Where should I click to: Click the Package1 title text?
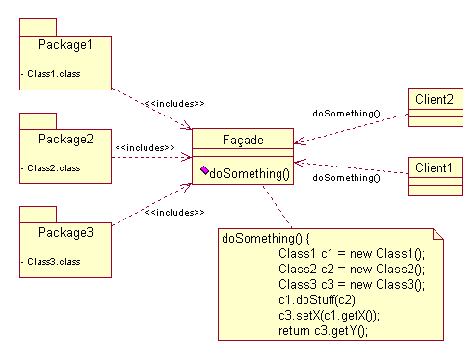66,44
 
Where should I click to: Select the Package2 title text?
66,139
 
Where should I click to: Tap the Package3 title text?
66,232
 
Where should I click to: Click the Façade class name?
242,141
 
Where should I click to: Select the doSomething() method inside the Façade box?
249,173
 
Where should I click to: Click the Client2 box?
434,99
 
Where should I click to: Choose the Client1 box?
434,168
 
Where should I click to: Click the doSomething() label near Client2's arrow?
346,113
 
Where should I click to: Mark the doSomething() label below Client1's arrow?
346,178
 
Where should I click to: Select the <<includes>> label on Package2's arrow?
145,148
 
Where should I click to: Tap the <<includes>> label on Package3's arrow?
174,211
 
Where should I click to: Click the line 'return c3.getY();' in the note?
324,330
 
